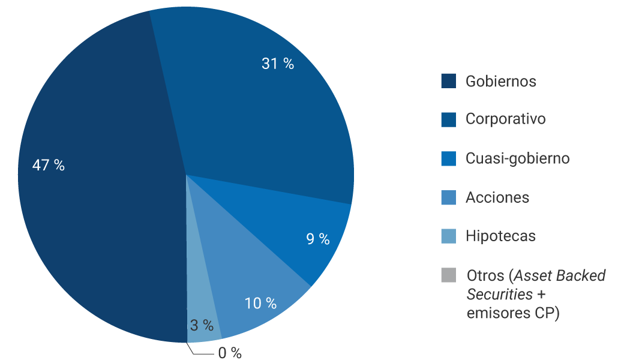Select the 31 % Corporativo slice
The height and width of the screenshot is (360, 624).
click(x=252, y=108)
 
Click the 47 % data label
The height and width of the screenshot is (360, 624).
click(x=49, y=166)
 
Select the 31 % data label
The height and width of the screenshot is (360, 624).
click(x=278, y=64)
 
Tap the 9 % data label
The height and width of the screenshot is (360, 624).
click(x=318, y=239)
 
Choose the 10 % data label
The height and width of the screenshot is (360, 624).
click(x=260, y=304)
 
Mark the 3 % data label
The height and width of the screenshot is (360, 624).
click(x=202, y=326)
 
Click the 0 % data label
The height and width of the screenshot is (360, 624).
click(x=230, y=353)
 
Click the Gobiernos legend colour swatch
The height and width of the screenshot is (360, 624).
click(x=449, y=81)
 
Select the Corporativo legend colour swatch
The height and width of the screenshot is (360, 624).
click(x=449, y=119)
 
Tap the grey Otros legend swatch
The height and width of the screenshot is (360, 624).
click(x=449, y=275)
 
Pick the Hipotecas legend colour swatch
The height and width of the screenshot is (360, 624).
click(x=449, y=236)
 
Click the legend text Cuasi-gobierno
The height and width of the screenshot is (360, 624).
click(x=517, y=158)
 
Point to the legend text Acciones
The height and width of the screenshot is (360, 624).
click(x=497, y=197)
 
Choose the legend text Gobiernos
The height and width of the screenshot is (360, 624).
click(x=501, y=81)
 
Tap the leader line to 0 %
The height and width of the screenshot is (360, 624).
click(x=201, y=353)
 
